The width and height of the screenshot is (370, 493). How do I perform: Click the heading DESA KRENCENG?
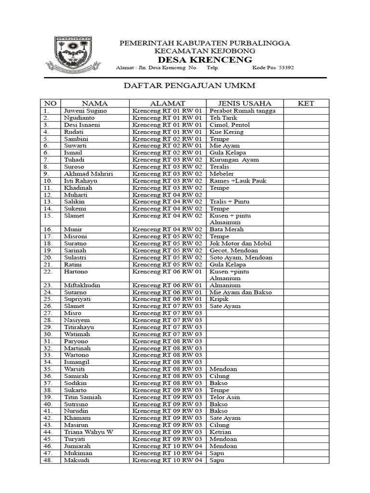[205, 60]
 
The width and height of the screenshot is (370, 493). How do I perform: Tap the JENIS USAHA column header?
[245, 104]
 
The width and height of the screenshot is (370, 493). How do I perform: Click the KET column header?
[306, 104]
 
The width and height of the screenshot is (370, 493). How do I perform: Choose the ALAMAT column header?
[167, 104]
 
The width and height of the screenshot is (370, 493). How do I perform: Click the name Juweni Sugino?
[85, 111]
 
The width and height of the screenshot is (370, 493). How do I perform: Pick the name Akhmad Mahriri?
[88, 174]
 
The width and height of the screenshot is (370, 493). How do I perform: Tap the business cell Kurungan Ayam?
[234, 160]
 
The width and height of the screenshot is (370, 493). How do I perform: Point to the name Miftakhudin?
[82, 285]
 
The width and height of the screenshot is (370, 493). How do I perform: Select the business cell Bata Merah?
[227, 230]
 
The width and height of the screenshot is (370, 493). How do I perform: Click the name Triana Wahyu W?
[88, 432]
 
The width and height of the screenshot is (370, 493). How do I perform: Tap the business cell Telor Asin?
[225, 397]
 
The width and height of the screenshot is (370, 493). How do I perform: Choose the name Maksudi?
[77, 460]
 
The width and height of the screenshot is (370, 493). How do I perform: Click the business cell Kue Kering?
[226, 132]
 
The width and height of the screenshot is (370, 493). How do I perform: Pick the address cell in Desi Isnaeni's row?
[167, 125]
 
